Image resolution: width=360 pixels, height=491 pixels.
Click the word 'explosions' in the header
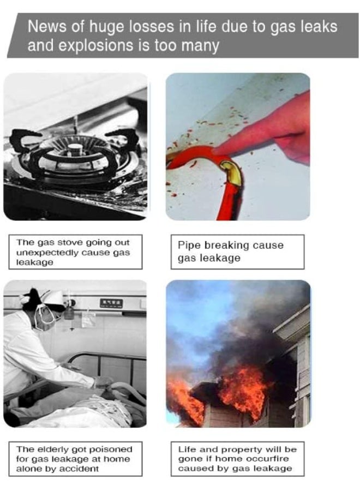(95, 46)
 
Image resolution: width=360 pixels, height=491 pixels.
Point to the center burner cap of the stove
(75, 148)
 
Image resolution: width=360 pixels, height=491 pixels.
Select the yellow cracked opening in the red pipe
(231, 172)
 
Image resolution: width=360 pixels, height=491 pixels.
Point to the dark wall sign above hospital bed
(111, 303)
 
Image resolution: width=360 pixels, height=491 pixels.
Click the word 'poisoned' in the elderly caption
(111, 450)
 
